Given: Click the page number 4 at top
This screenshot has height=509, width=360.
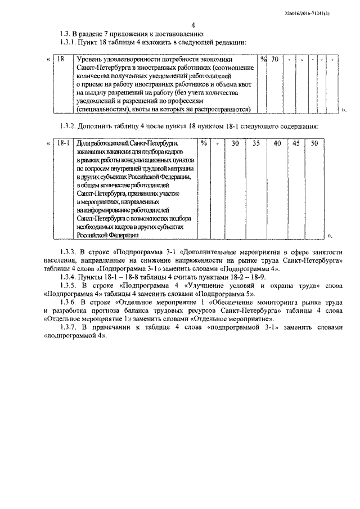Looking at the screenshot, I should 193,25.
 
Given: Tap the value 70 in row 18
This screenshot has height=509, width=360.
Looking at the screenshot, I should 274,59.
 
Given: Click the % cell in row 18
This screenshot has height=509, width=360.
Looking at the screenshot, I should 263,59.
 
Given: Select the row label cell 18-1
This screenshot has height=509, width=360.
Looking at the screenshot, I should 63,143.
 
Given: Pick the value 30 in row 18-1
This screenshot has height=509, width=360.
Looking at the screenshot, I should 235,143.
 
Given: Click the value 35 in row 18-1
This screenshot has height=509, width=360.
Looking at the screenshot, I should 256,143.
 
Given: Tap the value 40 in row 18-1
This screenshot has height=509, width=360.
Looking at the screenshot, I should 277,143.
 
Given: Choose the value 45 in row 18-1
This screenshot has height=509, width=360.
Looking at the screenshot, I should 296,143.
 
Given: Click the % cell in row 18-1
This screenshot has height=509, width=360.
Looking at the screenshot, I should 204,143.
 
